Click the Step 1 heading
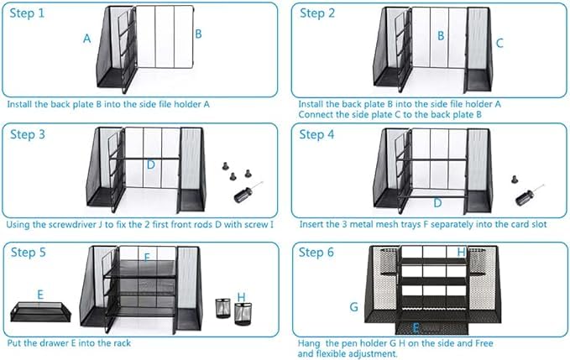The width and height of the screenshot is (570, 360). [x=27, y=13]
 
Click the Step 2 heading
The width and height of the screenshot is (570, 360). [x=317, y=13]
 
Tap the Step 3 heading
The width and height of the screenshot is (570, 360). [x=28, y=134]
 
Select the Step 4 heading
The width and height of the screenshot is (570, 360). [x=316, y=134]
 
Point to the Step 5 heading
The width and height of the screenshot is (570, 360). [x=29, y=252]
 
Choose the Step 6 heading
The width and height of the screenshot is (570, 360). [x=316, y=252]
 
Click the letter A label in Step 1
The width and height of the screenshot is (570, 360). [x=86, y=39]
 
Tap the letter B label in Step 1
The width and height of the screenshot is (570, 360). [x=198, y=34]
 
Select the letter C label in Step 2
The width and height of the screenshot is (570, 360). [x=499, y=44]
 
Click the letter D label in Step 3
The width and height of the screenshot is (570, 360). [x=151, y=165]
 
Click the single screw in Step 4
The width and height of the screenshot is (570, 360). [x=515, y=179]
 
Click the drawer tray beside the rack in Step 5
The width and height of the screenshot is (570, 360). [x=40, y=311]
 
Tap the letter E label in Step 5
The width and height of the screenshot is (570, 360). [x=40, y=295]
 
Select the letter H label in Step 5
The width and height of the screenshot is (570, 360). [x=242, y=297]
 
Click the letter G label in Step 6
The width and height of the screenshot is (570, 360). [x=353, y=307]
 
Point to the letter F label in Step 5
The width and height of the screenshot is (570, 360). [x=147, y=258]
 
